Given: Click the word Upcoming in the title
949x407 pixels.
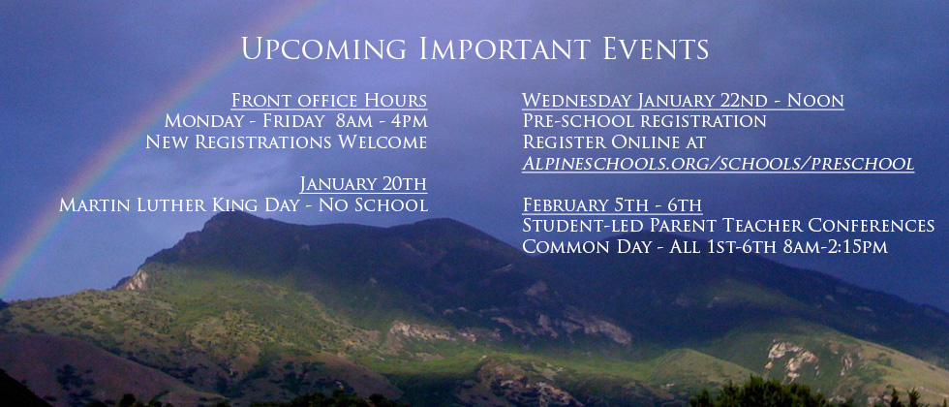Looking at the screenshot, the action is (323, 48).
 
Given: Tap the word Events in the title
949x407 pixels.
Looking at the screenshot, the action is (656, 48).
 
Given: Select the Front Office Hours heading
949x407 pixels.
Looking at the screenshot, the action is (329, 101).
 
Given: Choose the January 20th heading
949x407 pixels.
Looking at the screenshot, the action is (364, 183).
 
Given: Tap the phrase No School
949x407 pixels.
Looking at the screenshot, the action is (374, 204).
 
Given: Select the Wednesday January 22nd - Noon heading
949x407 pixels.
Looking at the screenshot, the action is (684, 101).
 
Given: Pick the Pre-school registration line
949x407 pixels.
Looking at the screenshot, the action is (645, 120).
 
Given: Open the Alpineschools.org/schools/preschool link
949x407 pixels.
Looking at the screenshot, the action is (719, 164).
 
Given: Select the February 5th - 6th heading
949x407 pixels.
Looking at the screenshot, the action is (612, 204).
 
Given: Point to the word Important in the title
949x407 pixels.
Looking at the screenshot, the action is (505, 48).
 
